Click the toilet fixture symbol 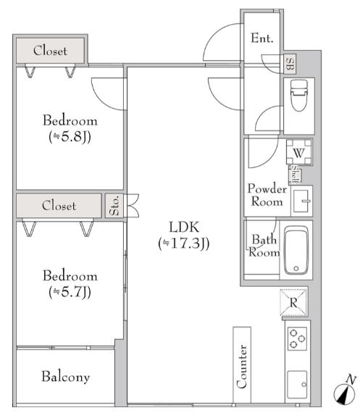[299, 96]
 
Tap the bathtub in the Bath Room [296, 250]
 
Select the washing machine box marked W [299, 152]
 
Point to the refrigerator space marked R [293, 302]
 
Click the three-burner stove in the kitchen [297, 338]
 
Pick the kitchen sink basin [297, 384]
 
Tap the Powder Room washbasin [301, 201]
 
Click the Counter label [242, 367]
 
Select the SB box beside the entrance [290, 64]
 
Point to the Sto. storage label [114, 206]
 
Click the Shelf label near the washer [295, 175]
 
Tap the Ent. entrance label [261, 38]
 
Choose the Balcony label [66, 377]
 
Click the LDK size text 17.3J [183, 243]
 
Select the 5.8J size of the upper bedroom [70, 137]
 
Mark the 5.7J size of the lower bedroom [70, 292]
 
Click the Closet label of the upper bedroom [50, 51]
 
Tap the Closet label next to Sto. [59, 206]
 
